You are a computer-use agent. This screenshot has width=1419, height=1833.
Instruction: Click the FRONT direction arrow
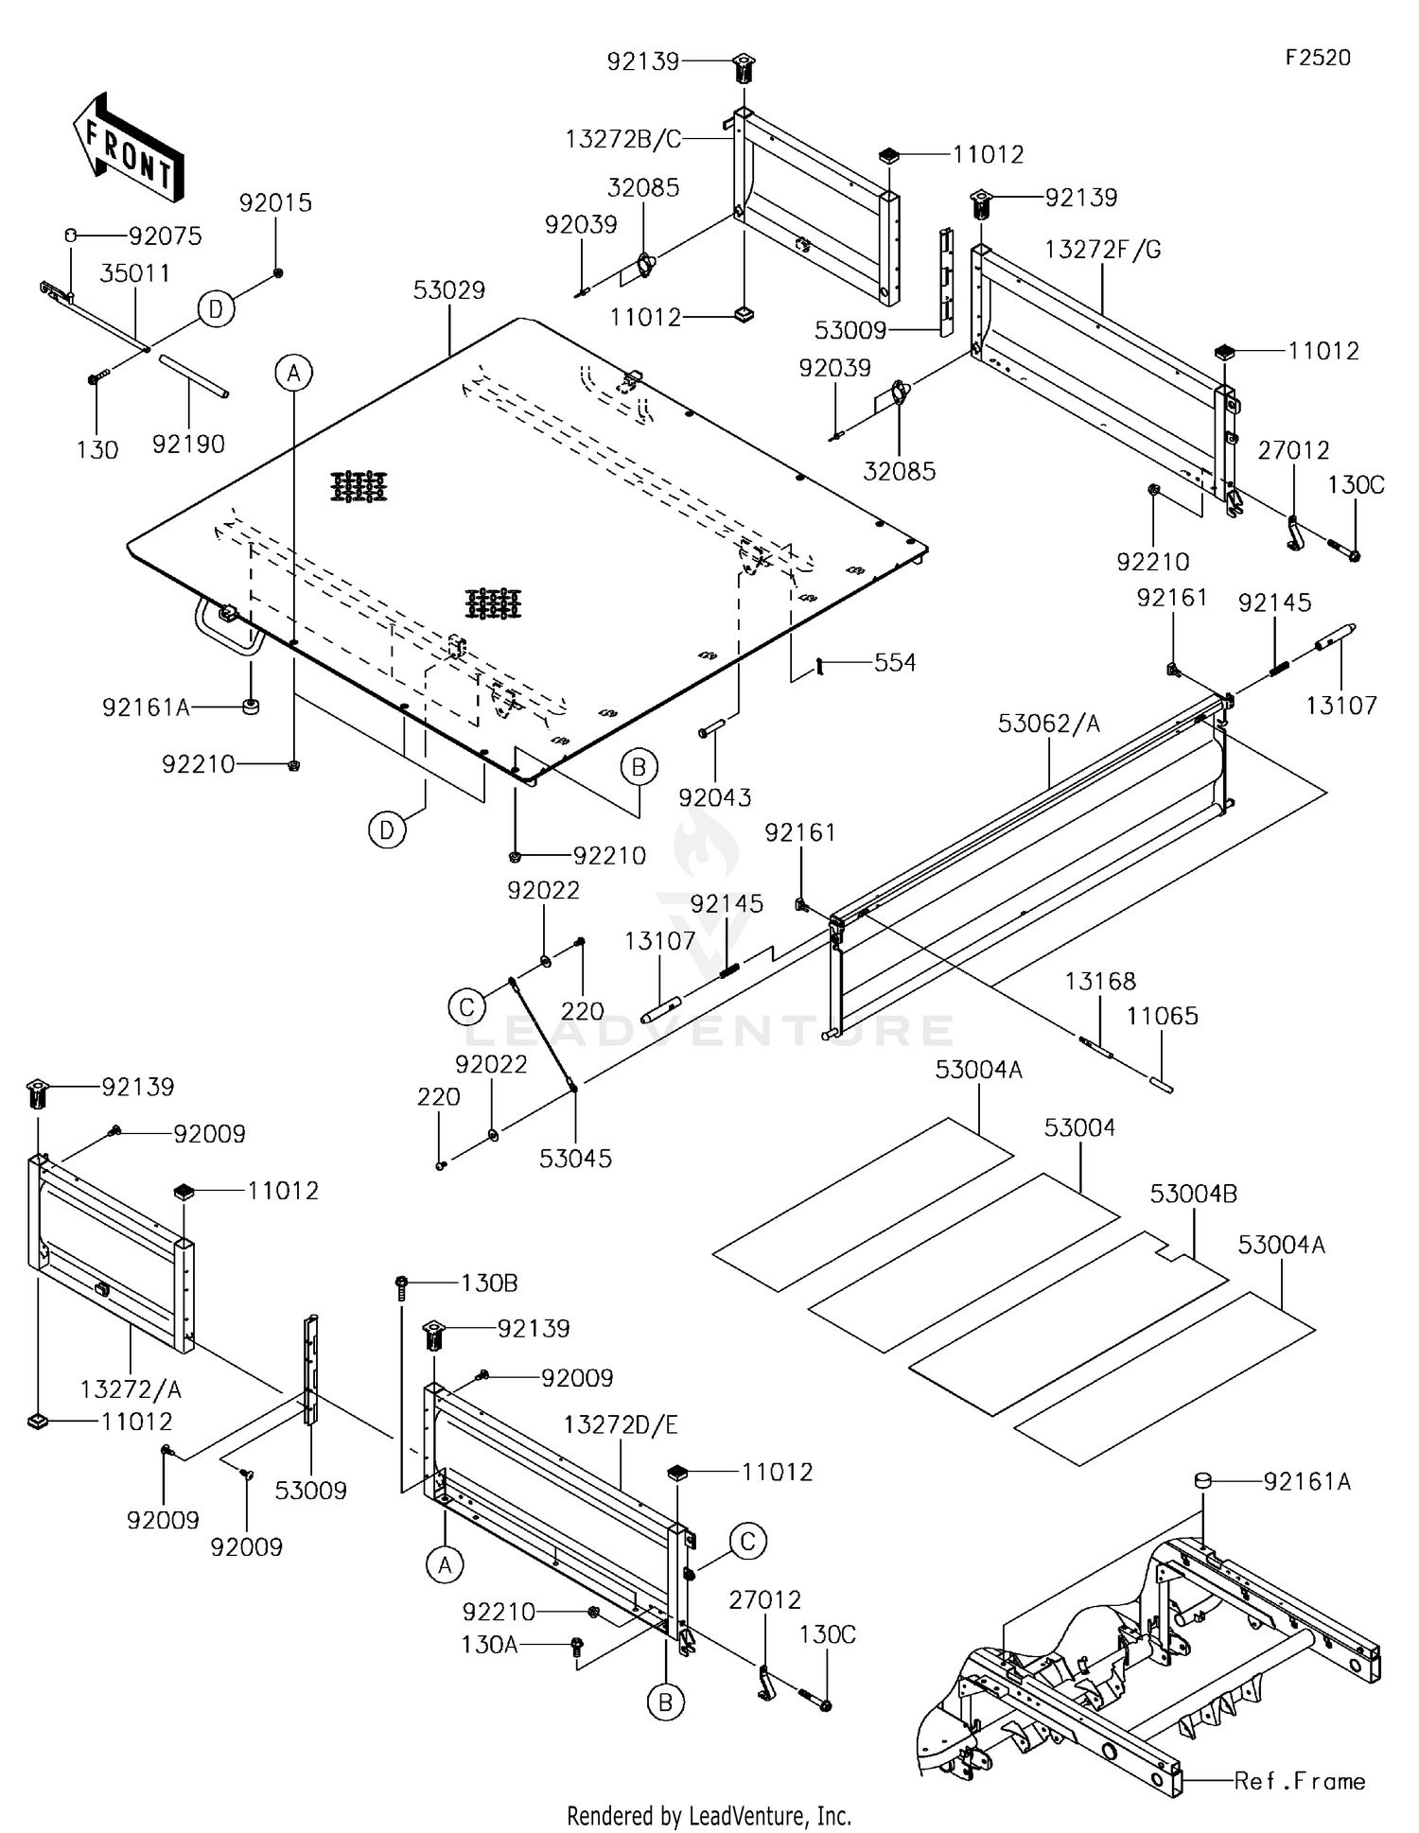128,147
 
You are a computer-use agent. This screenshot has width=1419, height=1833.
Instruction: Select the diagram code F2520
1318,58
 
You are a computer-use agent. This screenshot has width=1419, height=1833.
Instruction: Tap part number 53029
449,289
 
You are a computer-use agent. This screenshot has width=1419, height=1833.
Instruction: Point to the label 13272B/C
623,139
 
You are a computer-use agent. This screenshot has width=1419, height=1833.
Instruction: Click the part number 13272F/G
1103,250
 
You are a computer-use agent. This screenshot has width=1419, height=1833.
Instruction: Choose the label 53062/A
1050,724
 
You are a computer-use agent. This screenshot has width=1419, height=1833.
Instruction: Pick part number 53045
575,1158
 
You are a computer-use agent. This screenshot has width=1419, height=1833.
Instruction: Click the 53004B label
1194,1194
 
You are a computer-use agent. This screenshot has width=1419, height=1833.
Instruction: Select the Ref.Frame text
1300,1781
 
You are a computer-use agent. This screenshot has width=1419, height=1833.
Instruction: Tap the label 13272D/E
621,1424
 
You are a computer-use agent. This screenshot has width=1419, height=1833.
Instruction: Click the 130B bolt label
489,1283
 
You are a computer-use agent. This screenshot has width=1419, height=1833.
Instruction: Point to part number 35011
135,273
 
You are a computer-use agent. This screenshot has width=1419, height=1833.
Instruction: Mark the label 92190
188,443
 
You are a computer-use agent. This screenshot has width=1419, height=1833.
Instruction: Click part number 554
895,662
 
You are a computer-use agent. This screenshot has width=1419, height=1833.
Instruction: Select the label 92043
715,797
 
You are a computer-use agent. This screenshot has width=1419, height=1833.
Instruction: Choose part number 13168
1100,981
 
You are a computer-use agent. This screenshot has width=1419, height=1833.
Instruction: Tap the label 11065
1163,1016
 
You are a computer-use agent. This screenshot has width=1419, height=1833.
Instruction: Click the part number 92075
166,236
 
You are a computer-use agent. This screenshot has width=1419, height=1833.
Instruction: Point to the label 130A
489,1644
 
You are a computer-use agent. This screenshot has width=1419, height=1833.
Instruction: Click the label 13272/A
131,1388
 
